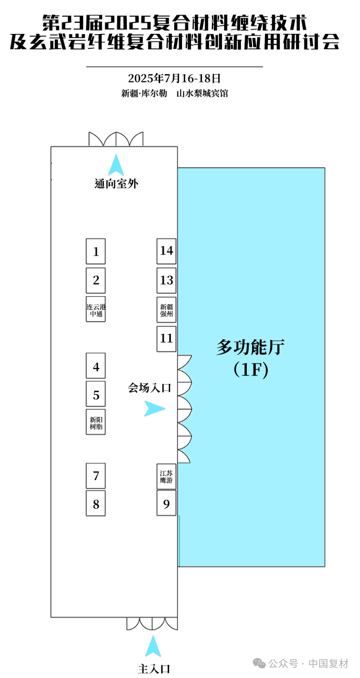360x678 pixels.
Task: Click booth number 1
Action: pyautogui.click(x=96, y=251)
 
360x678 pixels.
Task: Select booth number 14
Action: pyautogui.click(x=166, y=251)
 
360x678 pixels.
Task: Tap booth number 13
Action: pyautogui.click(x=166, y=280)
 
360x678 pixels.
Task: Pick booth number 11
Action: pyautogui.click(x=166, y=339)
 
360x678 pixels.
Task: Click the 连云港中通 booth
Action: pyautogui.click(x=96, y=309)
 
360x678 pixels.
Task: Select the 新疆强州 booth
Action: pyautogui.click(x=166, y=310)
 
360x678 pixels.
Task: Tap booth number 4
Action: pyautogui.click(x=96, y=366)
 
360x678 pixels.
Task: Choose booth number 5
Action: pyautogui.click(x=96, y=394)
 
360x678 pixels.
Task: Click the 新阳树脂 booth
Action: pyautogui.click(x=96, y=422)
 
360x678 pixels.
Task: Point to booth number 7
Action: pyautogui.click(x=96, y=476)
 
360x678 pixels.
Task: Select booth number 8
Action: pyautogui.click(x=96, y=503)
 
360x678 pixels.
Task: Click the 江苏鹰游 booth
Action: pyautogui.click(x=166, y=476)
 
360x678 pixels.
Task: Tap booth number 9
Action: pyautogui.click(x=166, y=503)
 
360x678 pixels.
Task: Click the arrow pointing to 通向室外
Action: pyautogui.click(x=116, y=166)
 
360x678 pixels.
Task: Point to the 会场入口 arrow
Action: pyautogui.click(x=153, y=408)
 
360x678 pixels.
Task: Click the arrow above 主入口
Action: pyautogui.click(x=153, y=647)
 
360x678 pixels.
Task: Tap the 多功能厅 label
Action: pyautogui.click(x=251, y=347)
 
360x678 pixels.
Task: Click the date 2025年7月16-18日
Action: pyautogui.click(x=174, y=78)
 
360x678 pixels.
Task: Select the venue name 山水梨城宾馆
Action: pyautogui.click(x=202, y=93)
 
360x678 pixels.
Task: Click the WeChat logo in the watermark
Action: pyautogui.click(x=259, y=663)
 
